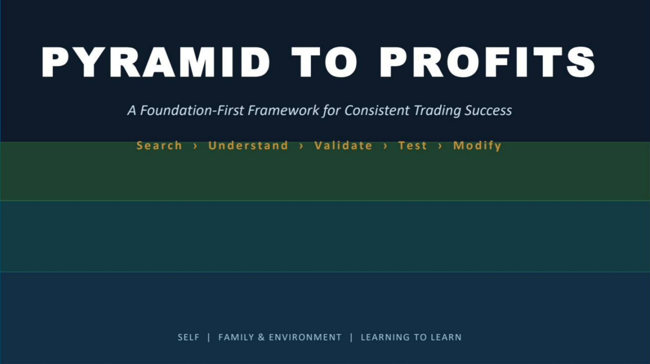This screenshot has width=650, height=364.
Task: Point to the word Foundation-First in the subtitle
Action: click(x=192, y=110)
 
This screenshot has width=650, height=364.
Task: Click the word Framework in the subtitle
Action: click(x=283, y=110)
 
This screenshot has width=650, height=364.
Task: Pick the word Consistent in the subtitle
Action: click(x=377, y=110)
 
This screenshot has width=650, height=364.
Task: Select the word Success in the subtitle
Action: click(x=488, y=110)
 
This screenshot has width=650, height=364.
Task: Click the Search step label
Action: click(x=159, y=146)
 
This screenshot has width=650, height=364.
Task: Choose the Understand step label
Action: click(x=248, y=146)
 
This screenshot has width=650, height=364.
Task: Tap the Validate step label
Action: click(x=343, y=146)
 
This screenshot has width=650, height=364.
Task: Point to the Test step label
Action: click(x=413, y=146)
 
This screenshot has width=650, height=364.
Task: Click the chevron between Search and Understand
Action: click(x=195, y=146)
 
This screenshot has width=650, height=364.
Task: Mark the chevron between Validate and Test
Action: click(x=385, y=146)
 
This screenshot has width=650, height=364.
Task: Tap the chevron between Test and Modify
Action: click(x=440, y=146)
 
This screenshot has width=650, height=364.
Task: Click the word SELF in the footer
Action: click(x=188, y=337)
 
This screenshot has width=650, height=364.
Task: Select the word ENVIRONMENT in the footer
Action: click(x=305, y=337)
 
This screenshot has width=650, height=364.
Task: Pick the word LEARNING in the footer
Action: click(x=385, y=337)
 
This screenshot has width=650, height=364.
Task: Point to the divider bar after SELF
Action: click(x=209, y=338)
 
